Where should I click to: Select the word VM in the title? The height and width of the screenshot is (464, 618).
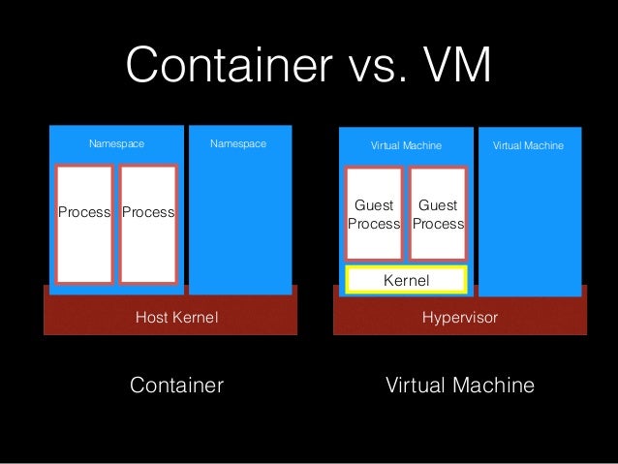(456, 69)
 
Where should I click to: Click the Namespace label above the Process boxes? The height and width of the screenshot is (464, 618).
(116, 144)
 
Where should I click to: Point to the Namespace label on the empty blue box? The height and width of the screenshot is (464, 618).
(238, 144)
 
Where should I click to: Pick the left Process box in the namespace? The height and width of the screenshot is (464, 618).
(84, 223)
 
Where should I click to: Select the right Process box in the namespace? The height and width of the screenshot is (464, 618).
(148, 223)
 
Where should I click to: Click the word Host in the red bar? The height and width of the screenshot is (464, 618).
(153, 317)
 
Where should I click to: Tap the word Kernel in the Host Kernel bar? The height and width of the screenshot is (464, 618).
(197, 317)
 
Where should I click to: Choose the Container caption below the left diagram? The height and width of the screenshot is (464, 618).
(176, 386)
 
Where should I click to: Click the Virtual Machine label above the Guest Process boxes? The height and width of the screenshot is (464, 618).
(407, 145)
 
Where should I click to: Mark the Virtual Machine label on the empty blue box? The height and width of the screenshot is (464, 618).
(529, 145)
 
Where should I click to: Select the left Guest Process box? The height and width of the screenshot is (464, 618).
(374, 214)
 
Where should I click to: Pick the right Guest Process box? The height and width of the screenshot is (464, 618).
(438, 214)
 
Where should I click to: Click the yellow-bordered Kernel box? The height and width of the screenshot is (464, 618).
(407, 280)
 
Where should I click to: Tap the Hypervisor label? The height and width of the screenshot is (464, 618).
(459, 317)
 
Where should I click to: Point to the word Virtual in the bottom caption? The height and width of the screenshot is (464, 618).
(416, 386)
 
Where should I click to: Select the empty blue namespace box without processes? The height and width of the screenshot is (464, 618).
(239, 223)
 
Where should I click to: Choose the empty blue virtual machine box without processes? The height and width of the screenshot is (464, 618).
(530, 223)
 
